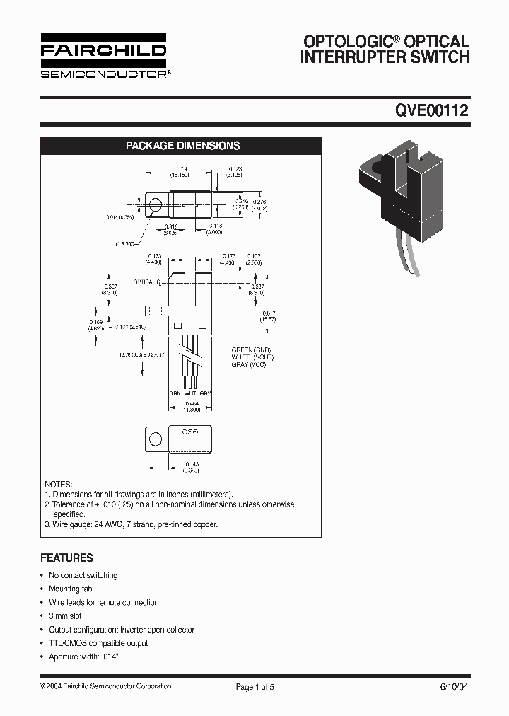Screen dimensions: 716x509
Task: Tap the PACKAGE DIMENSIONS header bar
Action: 182,146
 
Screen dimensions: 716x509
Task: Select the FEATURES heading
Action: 66,558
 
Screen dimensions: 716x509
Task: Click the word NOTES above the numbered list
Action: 59,484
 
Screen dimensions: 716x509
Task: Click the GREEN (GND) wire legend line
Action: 251,350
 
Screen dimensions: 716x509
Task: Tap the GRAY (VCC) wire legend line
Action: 251,364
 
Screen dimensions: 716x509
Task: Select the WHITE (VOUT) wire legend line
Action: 252,357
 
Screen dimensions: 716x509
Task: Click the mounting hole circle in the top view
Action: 156,205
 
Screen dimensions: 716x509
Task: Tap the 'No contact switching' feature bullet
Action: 83,575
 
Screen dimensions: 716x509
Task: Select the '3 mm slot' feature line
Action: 65,616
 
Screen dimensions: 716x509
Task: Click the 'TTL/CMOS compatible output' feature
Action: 98,643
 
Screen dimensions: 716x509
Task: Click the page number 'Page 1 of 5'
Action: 254,686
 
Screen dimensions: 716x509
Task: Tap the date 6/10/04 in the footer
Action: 454,686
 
